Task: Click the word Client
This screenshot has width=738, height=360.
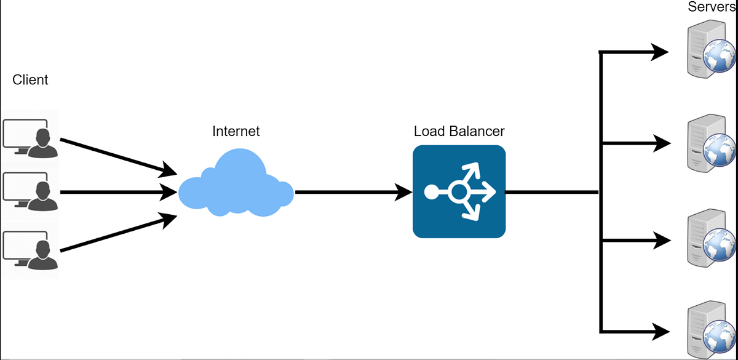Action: pyautogui.click(x=30, y=79)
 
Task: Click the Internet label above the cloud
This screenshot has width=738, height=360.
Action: pyautogui.click(x=236, y=131)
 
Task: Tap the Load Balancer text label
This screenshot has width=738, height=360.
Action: pyautogui.click(x=459, y=131)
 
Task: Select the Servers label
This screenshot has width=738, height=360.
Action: pyautogui.click(x=712, y=7)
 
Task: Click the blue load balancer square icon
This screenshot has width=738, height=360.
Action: pyautogui.click(x=459, y=191)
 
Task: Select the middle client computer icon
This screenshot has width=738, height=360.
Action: pyautogui.click(x=30, y=193)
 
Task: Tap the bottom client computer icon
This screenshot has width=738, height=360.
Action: pyautogui.click(x=30, y=249)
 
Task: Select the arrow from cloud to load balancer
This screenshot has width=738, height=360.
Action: pyautogui.click(x=354, y=192)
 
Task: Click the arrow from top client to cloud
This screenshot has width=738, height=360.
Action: pyautogui.click(x=117, y=156)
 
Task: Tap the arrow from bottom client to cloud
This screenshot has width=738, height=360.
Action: pyautogui.click(x=117, y=233)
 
